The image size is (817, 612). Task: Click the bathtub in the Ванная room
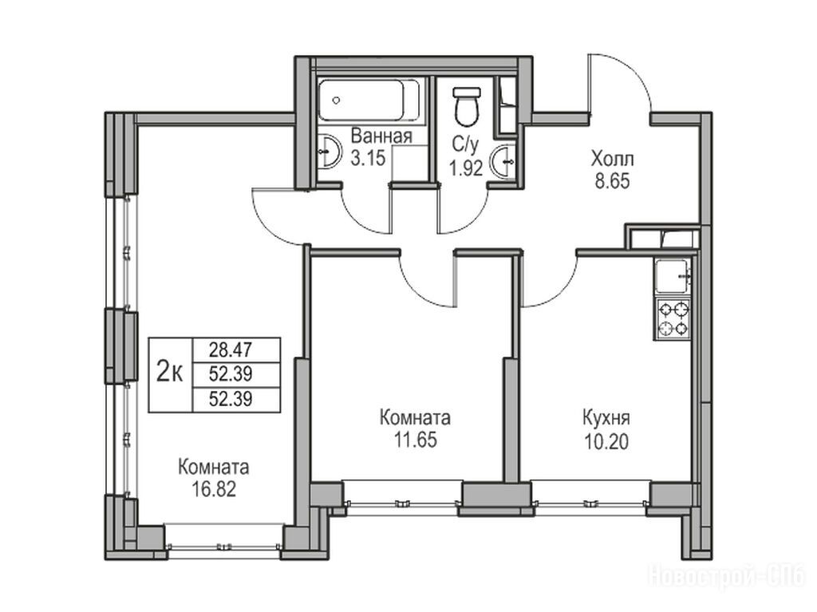pos(369,100)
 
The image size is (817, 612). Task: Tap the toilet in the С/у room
pos(466,107)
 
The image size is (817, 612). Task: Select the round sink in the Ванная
pos(328,151)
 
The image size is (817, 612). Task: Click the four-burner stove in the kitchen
pos(673,319)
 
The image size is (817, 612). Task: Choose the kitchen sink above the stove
pos(673,276)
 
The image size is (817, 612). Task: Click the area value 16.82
pos(214,489)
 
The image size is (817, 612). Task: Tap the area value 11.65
pos(415,440)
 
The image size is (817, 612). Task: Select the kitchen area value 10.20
pos(606,441)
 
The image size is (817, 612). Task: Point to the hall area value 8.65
pos(612,181)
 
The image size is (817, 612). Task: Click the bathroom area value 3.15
pos(368,157)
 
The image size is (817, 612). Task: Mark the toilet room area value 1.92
pos(466,168)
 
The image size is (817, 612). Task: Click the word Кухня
pos(606,418)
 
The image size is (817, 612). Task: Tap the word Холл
pos(612,157)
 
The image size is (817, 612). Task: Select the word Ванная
pos(381,136)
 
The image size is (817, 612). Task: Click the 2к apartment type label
pos(170,373)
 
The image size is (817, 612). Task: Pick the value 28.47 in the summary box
pos(231,349)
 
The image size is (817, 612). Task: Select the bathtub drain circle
pos(337,100)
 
